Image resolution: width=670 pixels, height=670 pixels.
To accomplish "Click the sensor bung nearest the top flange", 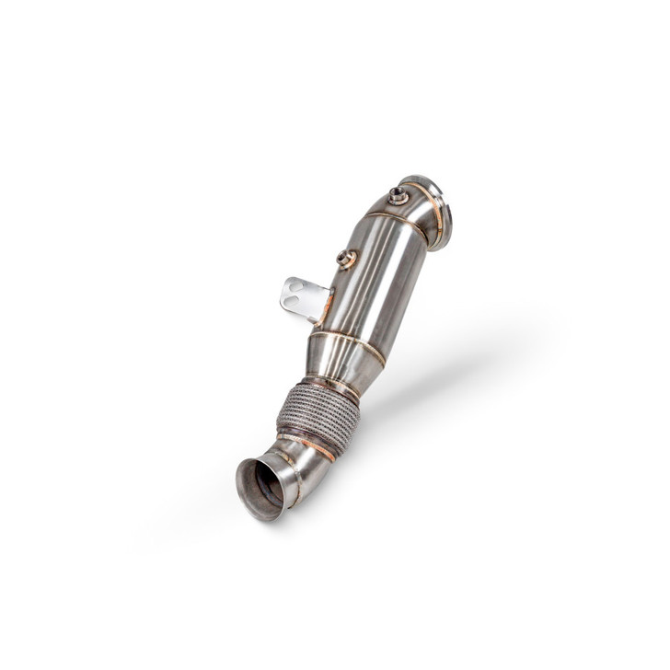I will [x=398, y=194].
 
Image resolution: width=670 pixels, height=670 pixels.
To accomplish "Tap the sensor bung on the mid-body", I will [x=347, y=260].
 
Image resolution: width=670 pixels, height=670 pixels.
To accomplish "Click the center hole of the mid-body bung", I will [x=346, y=259].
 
